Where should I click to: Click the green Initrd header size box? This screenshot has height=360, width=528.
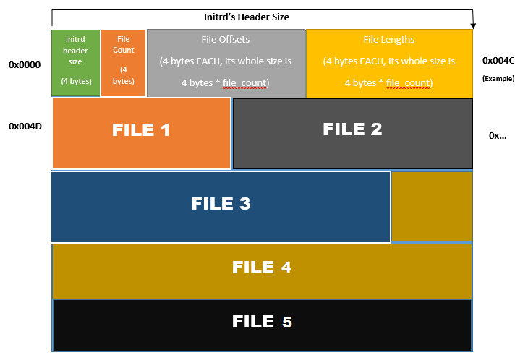[x=75, y=63]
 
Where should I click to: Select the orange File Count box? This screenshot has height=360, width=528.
[x=123, y=63]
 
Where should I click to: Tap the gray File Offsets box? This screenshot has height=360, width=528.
[x=226, y=63]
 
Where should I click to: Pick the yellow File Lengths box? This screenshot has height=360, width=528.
[x=389, y=63]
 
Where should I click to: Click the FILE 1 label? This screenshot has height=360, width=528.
[x=141, y=130]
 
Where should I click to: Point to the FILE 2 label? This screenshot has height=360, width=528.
[x=352, y=129]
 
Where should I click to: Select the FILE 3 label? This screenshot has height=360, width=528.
[x=221, y=204]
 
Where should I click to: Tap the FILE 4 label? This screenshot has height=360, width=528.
[x=262, y=267]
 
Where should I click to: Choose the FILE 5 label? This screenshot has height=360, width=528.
[x=262, y=322]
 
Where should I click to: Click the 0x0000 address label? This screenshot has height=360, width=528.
[x=25, y=65]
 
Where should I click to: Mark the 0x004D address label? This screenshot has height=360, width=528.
[x=25, y=127]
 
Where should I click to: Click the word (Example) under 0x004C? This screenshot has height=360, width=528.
[x=498, y=78]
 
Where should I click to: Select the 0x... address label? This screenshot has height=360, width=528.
[x=498, y=135]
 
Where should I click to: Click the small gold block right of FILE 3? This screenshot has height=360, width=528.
[x=432, y=206]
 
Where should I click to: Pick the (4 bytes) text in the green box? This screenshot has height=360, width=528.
[x=76, y=81]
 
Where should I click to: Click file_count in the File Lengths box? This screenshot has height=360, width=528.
[x=410, y=83]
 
